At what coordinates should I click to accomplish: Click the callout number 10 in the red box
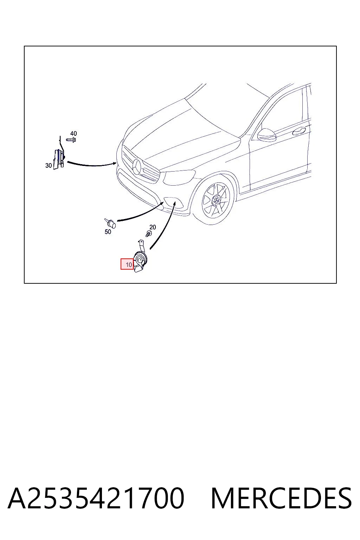[129, 265]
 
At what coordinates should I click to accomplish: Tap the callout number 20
[153, 227]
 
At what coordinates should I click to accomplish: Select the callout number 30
[49, 165]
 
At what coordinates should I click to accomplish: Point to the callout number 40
[73, 133]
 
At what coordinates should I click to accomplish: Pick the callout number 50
[108, 232]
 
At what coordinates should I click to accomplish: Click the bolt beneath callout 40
[71, 140]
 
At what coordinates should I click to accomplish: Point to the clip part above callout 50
[110, 223]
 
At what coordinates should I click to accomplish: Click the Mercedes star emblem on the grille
[138, 167]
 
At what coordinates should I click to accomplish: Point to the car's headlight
[179, 178]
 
